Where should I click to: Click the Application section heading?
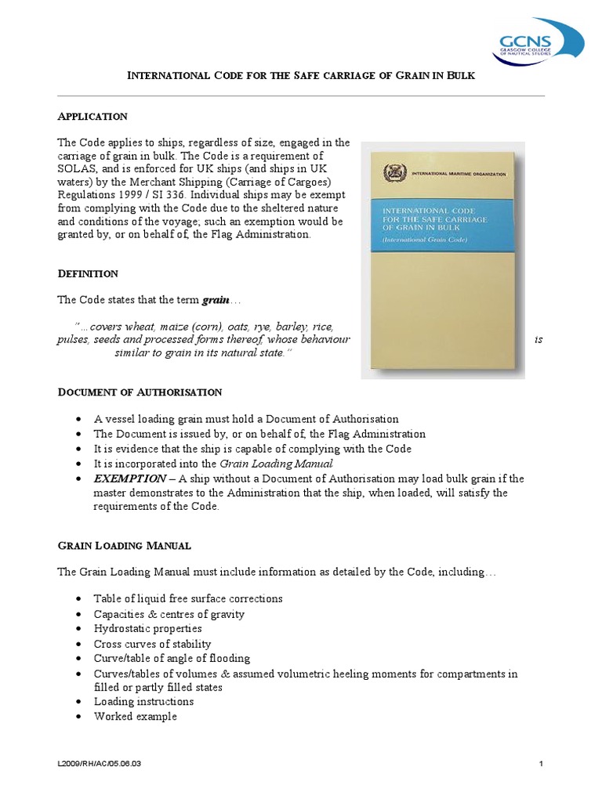[92, 117]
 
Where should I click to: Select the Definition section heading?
[88, 273]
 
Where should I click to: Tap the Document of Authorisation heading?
[140, 392]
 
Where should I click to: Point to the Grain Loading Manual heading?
[125, 545]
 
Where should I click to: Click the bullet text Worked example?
[136, 716]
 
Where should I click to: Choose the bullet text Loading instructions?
[143, 702]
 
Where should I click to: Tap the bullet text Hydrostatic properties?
[147, 629]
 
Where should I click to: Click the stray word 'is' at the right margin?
[538, 341]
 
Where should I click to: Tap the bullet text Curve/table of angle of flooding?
[172, 659]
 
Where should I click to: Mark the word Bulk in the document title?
[461, 75]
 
